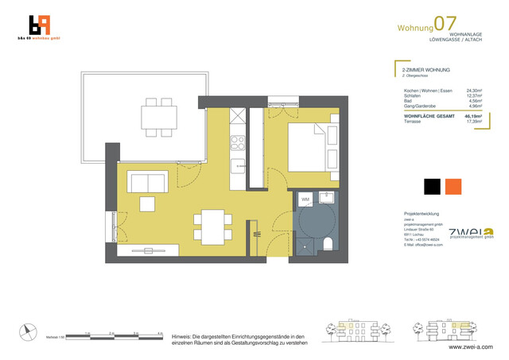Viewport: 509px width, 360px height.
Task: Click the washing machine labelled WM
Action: pyautogui.click(x=305, y=199)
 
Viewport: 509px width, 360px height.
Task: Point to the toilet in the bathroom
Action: pyautogui.click(x=329, y=243)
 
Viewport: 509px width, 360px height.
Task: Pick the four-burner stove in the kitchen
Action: pyautogui.click(x=238, y=143)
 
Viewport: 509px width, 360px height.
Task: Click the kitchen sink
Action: pyautogui.click(x=238, y=166)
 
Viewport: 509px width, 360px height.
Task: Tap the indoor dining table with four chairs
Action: pyautogui.click(x=212, y=226)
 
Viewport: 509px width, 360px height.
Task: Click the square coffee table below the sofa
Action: pyautogui.click(x=147, y=204)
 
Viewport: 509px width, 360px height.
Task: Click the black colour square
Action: pyautogui.click(x=432, y=187)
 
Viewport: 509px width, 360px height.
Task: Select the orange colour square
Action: pyautogui.click(x=453, y=187)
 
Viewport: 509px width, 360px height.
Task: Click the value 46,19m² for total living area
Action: pyautogui.click(x=462, y=116)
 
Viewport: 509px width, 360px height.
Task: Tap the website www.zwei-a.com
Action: pyautogui.click(x=471, y=346)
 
